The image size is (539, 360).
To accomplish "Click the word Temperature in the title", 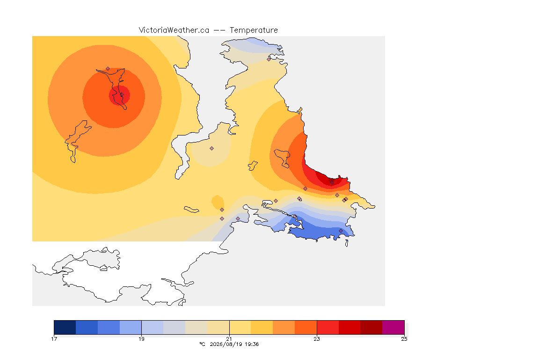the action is click(254, 30).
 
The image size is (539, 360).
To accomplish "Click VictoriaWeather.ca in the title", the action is click(174, 30).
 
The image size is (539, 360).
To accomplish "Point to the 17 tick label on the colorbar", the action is click(54, 339).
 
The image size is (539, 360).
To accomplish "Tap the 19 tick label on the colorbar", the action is click(142, 339).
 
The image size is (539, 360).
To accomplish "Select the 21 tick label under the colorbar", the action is click(229, 339).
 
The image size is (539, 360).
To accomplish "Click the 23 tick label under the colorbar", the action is click(317, 339).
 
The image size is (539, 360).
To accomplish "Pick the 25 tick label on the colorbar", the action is click(404, 339).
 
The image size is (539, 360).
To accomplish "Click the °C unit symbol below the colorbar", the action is click(202, 344).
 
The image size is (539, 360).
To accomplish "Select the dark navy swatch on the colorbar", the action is click(65, 327).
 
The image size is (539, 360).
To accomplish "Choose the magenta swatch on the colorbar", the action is click(393, 327).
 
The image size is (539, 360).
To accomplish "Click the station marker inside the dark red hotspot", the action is click(332, 183).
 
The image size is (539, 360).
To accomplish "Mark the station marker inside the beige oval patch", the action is click(212, 149).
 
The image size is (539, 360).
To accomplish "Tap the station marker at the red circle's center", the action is click(122, 95).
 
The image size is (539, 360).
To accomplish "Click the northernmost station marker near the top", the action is click(269, 59).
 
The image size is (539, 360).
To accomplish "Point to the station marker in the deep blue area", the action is click(341, 231).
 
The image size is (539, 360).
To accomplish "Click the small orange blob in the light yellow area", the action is click(218, 202).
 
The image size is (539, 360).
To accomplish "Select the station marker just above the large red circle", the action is click(108, 69).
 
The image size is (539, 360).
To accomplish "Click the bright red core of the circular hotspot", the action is click(119, 96).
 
